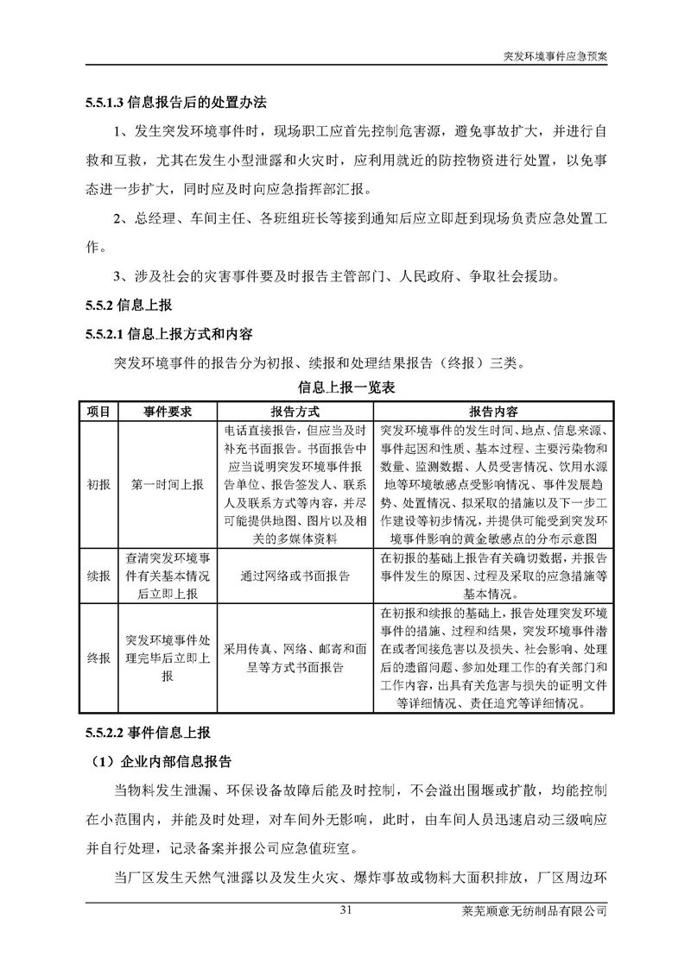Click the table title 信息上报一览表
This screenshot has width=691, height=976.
point(345,387)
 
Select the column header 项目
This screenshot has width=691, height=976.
point(98,411)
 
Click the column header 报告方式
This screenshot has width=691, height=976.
point(295,411)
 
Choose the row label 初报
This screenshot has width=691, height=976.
point(98,484)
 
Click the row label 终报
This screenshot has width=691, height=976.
point(98,659)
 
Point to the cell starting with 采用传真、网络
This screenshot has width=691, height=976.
point(295,659)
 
